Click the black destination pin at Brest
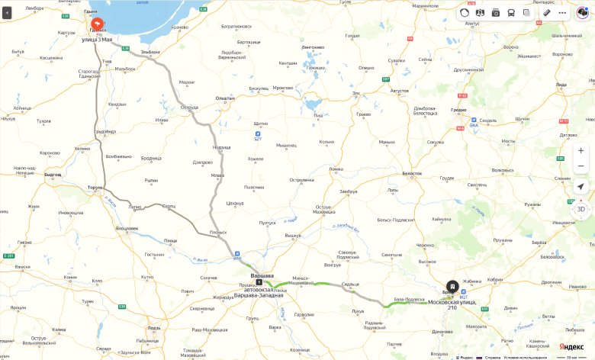452,287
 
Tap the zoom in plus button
581,150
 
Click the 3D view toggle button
581,208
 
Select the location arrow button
581,186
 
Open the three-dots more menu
563,12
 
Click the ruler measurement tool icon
547,12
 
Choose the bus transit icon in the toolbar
511,12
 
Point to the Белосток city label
412,173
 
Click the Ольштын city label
225,98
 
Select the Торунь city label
95,187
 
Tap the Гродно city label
458,109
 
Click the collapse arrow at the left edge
6,12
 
